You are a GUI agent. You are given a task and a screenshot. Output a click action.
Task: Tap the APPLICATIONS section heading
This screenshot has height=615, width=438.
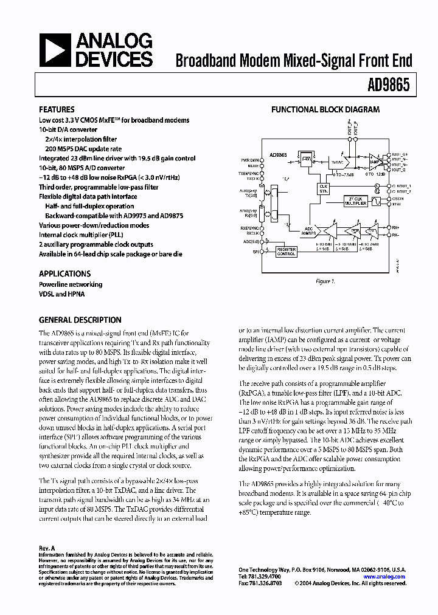point(64,273)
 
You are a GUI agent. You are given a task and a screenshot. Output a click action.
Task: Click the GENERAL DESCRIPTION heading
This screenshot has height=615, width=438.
point(80,320)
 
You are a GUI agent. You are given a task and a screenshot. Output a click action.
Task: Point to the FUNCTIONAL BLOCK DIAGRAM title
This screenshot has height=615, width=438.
point(325,110)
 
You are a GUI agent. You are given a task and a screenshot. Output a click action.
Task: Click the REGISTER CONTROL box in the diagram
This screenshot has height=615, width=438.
point(287,252)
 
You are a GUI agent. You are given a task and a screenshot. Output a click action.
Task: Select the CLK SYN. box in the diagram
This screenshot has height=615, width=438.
point(323,189)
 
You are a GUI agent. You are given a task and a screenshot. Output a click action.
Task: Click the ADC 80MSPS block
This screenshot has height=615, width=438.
point(308,231)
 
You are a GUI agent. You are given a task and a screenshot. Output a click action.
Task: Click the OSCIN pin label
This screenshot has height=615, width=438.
point(399,199)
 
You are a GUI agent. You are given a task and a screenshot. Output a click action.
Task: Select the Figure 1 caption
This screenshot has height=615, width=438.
point(325,281)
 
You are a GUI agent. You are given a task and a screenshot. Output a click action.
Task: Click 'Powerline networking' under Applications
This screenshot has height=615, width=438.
point(71,284)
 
